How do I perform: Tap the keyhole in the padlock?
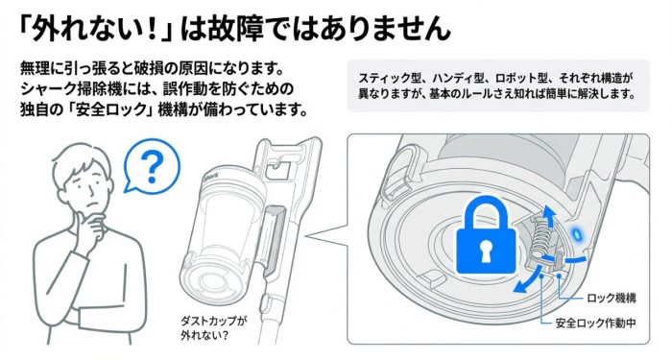[487, 252]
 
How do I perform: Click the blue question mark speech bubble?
[151, 166]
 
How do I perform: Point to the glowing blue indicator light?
[577, 232]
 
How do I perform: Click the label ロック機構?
[611, 299]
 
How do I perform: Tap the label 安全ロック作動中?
[595, 324]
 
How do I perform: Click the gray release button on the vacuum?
[274, 240]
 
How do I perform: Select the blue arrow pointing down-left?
[527, 280]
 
